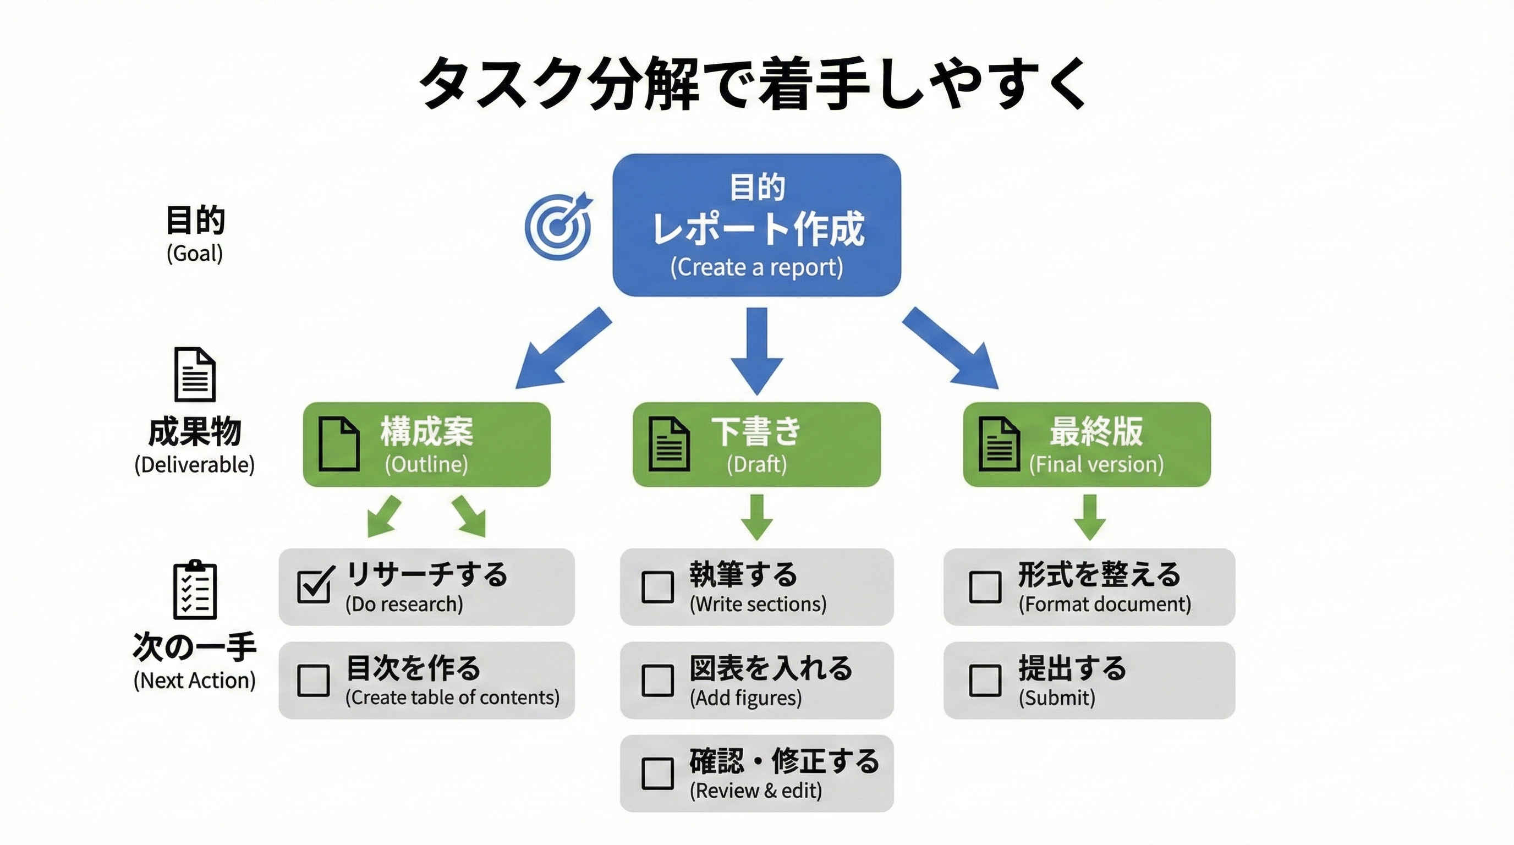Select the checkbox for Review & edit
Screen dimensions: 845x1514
tap(657, 773)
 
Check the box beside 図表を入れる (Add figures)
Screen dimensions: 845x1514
tap(657, 680)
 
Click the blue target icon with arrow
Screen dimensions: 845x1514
tap(558, 226)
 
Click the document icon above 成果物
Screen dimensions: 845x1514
tap(195, 374)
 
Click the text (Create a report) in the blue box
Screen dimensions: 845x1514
tap(756, 267)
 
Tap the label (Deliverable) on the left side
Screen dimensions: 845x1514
tap(195, 465)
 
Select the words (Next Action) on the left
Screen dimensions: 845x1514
tap(195, 681)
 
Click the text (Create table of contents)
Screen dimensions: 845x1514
tap(452, 698)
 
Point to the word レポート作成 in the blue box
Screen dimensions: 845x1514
tap(758, 229)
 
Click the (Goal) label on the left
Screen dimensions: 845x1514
tap(195, 253)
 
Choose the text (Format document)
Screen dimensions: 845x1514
tap(1104, 604)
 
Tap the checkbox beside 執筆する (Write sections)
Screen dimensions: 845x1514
tap(657, 586)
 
